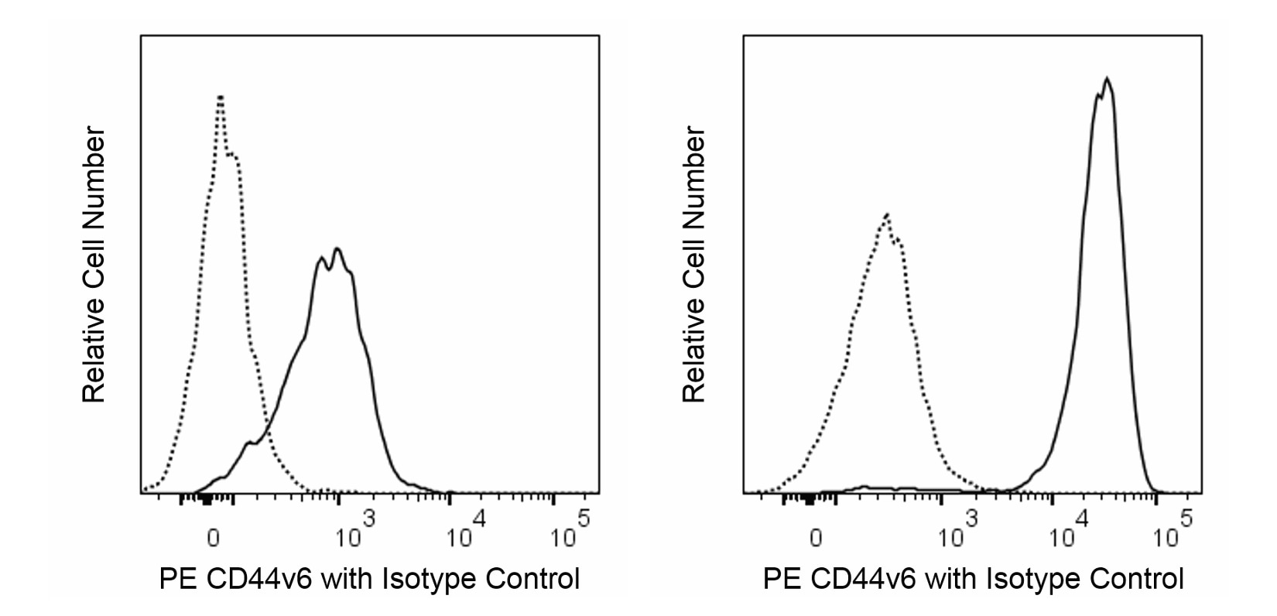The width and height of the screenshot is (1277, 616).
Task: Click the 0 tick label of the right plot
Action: click(x=816, y=538)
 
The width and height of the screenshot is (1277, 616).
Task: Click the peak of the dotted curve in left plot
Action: click(x=221, y=98)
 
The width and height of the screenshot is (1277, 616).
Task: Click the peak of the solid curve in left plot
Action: click(x=337, y=249)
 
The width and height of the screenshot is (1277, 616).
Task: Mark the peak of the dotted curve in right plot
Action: click(x=886, y=214)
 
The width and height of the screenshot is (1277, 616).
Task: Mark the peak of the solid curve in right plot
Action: click(x=1108, y=78)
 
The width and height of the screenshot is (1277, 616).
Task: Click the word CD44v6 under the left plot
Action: click(x=257, y=579)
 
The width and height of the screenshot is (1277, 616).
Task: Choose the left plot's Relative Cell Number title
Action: click(x=94, y=267)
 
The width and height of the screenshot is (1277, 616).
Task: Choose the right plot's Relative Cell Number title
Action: click(x=695, y=267)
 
